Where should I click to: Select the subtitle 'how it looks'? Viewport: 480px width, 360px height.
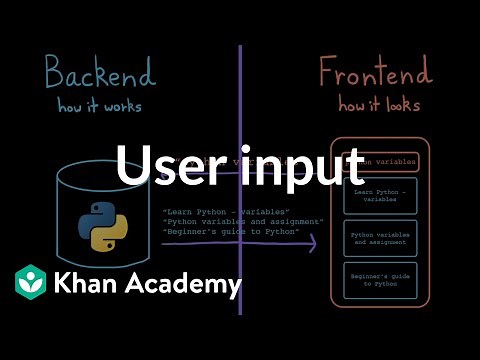pyautogui.click(x=379, y=106)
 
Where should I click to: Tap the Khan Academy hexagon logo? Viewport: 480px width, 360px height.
pyautogui.click(x=31, y=283)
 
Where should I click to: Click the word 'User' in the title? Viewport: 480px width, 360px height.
pyautogui.click(x=165, y=166)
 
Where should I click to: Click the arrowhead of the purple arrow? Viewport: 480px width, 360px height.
pyautogui.click(x=312, y=242)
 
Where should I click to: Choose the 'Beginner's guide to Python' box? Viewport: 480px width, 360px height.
pyautogui.click(x=379, y=279)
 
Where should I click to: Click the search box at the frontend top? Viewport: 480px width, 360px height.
pyautogui.click(x=380, y=160)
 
